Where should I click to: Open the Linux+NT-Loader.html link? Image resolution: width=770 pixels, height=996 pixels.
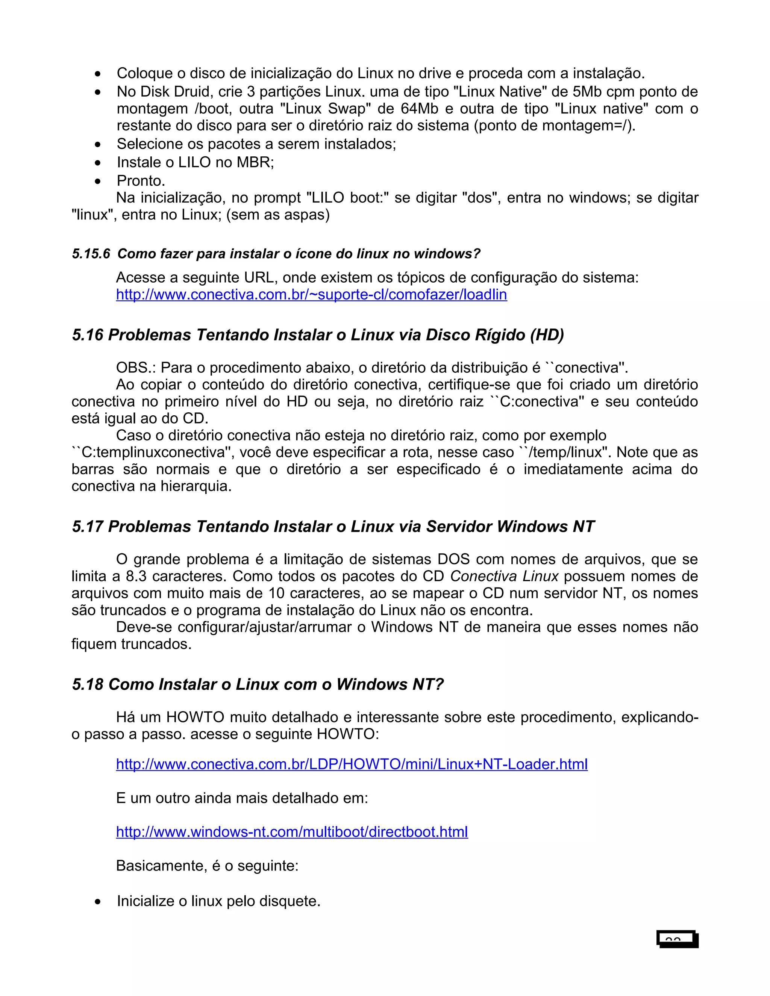click(x=351, y=764)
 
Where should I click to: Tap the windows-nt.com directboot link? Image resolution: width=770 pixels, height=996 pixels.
click(x=292, y=832)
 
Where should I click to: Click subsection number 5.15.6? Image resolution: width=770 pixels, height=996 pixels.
click(x=91, y=254)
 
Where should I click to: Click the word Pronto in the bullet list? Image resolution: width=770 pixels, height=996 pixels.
click(x=141, y=181)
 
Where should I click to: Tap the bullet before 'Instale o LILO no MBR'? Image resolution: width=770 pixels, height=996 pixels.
click(x=98, y=163)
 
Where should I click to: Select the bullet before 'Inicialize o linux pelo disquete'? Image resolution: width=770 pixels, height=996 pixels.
click(x=98, y=902)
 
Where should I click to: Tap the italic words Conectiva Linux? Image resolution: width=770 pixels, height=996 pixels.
click(x=504, y=577)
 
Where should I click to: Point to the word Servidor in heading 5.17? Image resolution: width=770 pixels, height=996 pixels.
click(x=459, y=527)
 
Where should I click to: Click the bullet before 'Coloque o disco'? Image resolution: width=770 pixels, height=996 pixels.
click(x=98, y=74)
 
